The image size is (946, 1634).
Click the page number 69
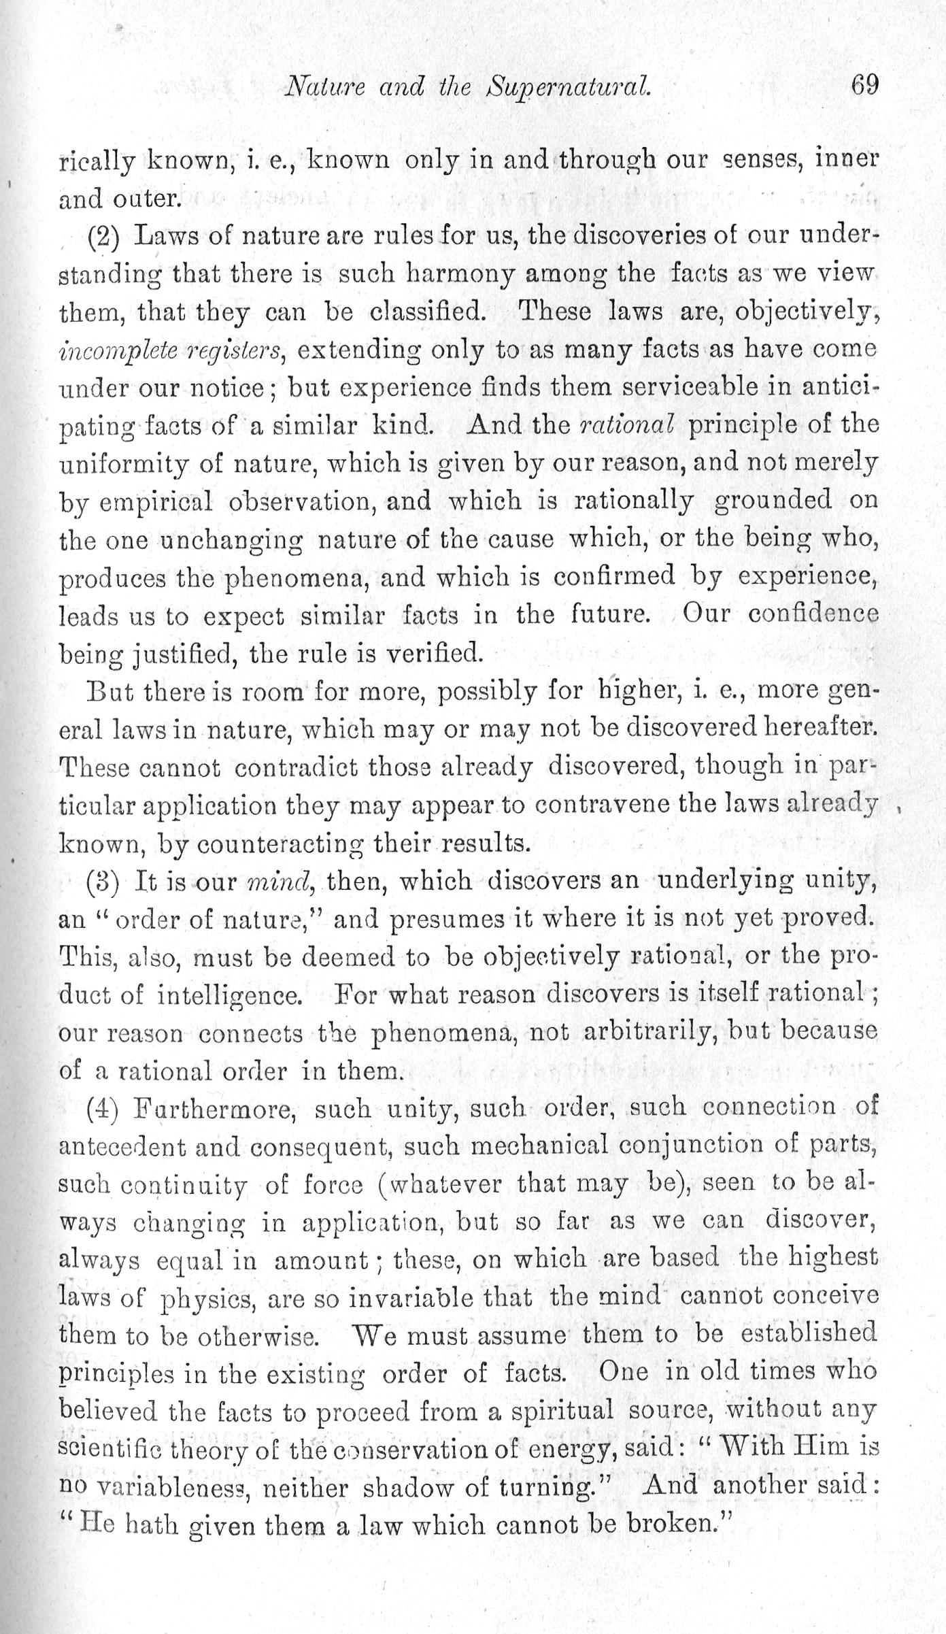point(864,86)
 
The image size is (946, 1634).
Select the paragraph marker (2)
point(103,236)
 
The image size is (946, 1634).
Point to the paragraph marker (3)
point(103,882)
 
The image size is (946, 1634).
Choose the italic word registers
point(231,351)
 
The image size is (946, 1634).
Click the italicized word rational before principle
point(626,425)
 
